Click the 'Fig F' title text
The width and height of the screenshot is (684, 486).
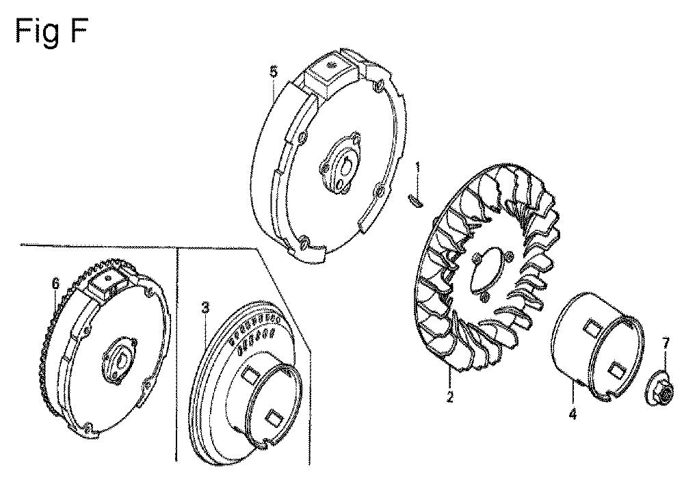[x=51, y=32]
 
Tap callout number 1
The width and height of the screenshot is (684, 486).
[x=418, y=167]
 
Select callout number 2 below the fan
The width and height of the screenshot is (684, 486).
[x=450, y=396]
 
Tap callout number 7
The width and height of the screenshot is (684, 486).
[x=666, y=345]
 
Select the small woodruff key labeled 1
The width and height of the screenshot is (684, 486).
[x=416, y=200]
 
